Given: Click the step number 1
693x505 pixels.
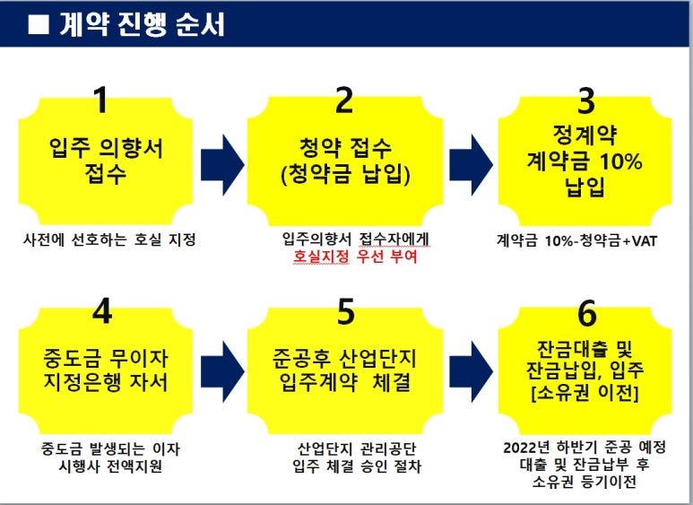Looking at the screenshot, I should pyautogui.click(x=101, y=100).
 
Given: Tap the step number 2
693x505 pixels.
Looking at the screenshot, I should pyautogui.click(x=344, y=100).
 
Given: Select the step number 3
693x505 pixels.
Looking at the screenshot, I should pyautogui.click(x=587, y=100).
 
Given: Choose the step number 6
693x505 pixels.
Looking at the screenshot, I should pyautogui.click(x=587, y=315).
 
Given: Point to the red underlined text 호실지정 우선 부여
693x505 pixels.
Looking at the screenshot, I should pyautogui.click(x=355, y=257).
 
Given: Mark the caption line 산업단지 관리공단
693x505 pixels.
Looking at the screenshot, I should pyautogui.click(x=357, y=448).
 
